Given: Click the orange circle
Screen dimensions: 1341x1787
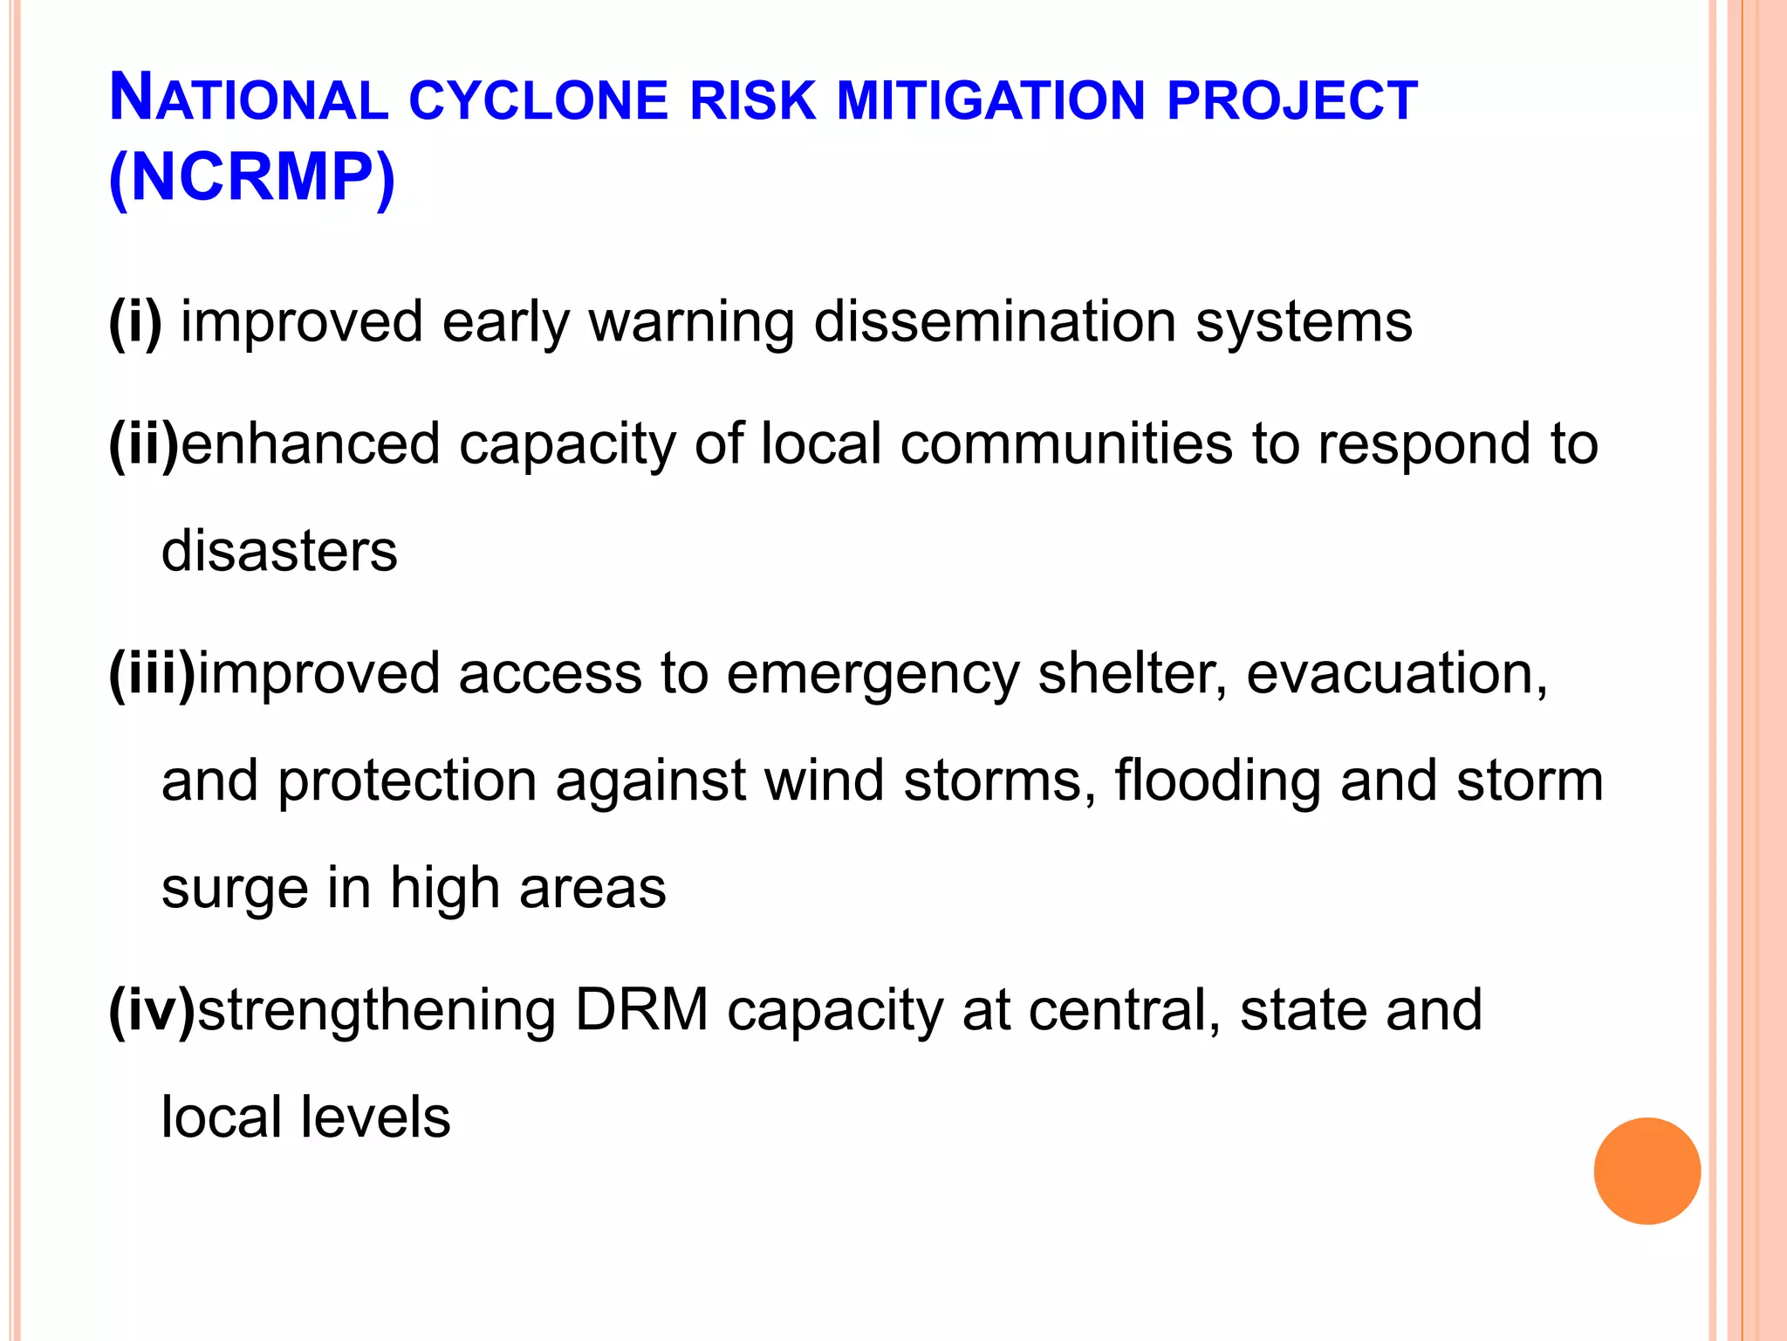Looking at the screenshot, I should pos(1647,1171).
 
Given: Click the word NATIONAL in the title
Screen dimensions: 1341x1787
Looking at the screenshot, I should pos(249,99).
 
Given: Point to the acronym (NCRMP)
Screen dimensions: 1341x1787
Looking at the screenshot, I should pos(252,179).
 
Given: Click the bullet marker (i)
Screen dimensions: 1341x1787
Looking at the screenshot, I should pos(135,321).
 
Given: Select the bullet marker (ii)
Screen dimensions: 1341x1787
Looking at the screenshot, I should pos(143,444).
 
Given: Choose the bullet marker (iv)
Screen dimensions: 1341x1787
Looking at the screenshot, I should pos(152,1010).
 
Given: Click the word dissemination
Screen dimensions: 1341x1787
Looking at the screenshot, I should pos(995,321).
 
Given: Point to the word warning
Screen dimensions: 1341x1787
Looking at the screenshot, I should pos(692,323).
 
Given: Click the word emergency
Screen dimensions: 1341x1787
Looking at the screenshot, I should pos(873,675).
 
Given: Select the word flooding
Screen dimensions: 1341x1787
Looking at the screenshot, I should pos(1217,781).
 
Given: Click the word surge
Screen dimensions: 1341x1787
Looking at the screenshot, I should pos(235,889).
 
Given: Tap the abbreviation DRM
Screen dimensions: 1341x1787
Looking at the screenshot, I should pos(641,1010).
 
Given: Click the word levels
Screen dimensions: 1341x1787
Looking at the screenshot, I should pos(375,1117).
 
